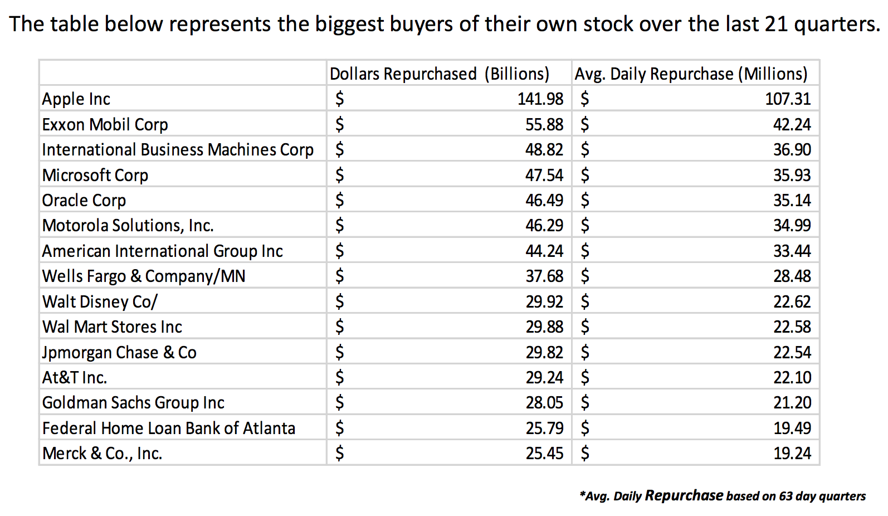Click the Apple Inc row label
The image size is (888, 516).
[x=76, y=99]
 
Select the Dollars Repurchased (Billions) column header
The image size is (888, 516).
[x=439, y=74]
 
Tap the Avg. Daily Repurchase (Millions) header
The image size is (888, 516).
[x=691, y=74]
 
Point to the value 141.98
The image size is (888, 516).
[x=540, y=99]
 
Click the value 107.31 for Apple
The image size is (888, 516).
[x=788, y=99]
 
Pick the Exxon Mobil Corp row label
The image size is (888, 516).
[x=105, y=125]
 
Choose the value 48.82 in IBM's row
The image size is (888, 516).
[x=544, y=150]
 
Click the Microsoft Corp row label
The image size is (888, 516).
[x=95, y=176]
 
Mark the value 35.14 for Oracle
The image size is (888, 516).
[x=792, y=201]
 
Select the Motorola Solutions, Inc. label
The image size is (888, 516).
[x=128, y=226]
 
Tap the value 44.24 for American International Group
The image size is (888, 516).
[x=544, y=251]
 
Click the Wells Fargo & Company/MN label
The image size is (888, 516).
[x=144, y=276]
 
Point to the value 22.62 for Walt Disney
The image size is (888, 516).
[x=792, y=302]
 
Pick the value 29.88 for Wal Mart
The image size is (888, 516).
[x=544, y=327]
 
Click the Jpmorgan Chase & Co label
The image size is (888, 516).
[x=119, y=353]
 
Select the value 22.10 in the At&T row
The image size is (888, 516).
[x=792, y=378]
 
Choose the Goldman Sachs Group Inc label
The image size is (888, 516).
[x=133, y=403]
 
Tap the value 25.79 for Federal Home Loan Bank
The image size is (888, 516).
[x=544, y=429]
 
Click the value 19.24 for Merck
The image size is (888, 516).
[x=792, y=454]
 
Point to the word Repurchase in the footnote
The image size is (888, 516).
[x=684, y=495]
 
